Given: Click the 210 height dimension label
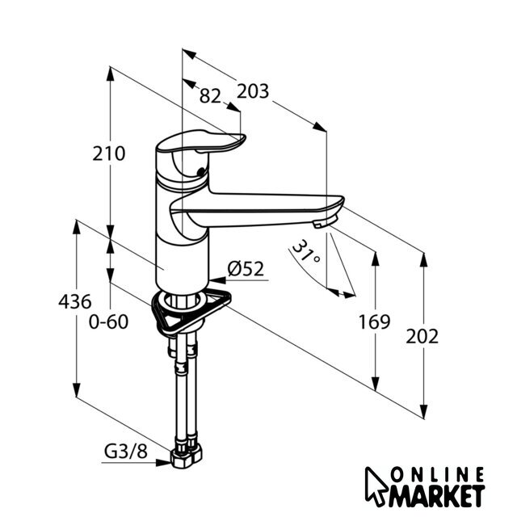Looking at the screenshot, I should pos(109,153).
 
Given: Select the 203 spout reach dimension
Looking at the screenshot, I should pos(253,91).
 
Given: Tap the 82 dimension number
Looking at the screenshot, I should pos(210,95).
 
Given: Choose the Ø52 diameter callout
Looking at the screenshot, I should pos(246,269).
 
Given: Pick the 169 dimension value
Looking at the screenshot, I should pos(375,321).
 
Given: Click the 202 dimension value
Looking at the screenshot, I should pos(422,336).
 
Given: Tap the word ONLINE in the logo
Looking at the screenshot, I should pos(439,473).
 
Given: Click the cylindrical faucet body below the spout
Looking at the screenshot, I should pos(180,258).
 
